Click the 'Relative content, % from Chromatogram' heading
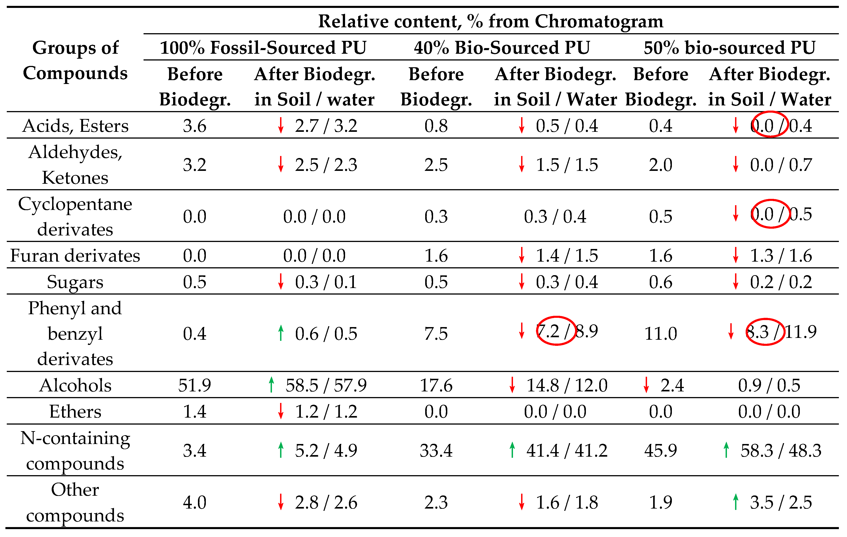point(490,21)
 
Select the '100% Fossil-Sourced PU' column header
point(263,47)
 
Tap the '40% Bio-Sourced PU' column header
point(502,47)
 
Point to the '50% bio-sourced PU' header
point(729,47)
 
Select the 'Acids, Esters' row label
point(75,126)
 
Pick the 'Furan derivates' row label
point(75,256)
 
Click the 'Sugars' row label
point(75,282)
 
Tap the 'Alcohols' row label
point(75,385)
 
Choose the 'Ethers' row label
point(75,411)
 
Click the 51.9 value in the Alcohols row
point(195,385)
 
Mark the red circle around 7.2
point(556,331)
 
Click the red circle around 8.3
point(765,332)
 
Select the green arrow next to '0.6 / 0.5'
point(281,333)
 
